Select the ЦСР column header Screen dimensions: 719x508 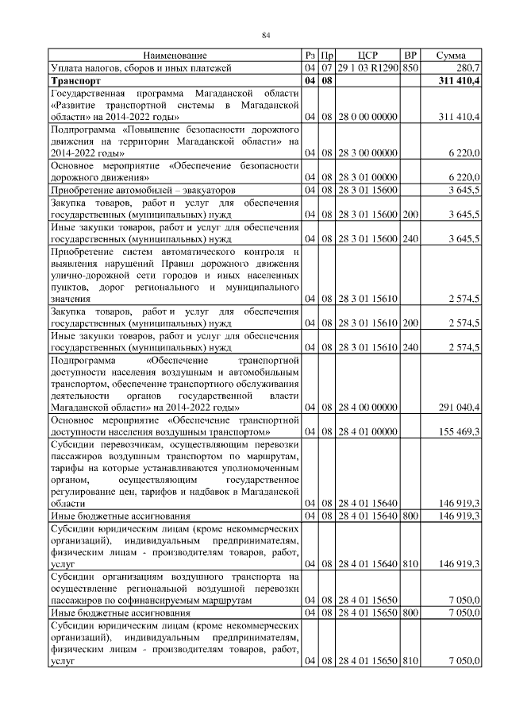pos(368,56)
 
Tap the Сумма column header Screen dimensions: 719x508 pos(451,56)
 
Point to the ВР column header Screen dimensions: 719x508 pos(410,56)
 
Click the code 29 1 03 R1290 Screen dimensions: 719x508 pos(368,68)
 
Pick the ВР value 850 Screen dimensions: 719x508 pos(410,68)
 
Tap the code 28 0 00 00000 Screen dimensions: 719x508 pos(368,118)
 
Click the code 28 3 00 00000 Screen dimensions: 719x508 pos(368,153)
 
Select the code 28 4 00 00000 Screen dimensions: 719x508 pos(368,408)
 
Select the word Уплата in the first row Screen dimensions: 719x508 pos(67,68)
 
